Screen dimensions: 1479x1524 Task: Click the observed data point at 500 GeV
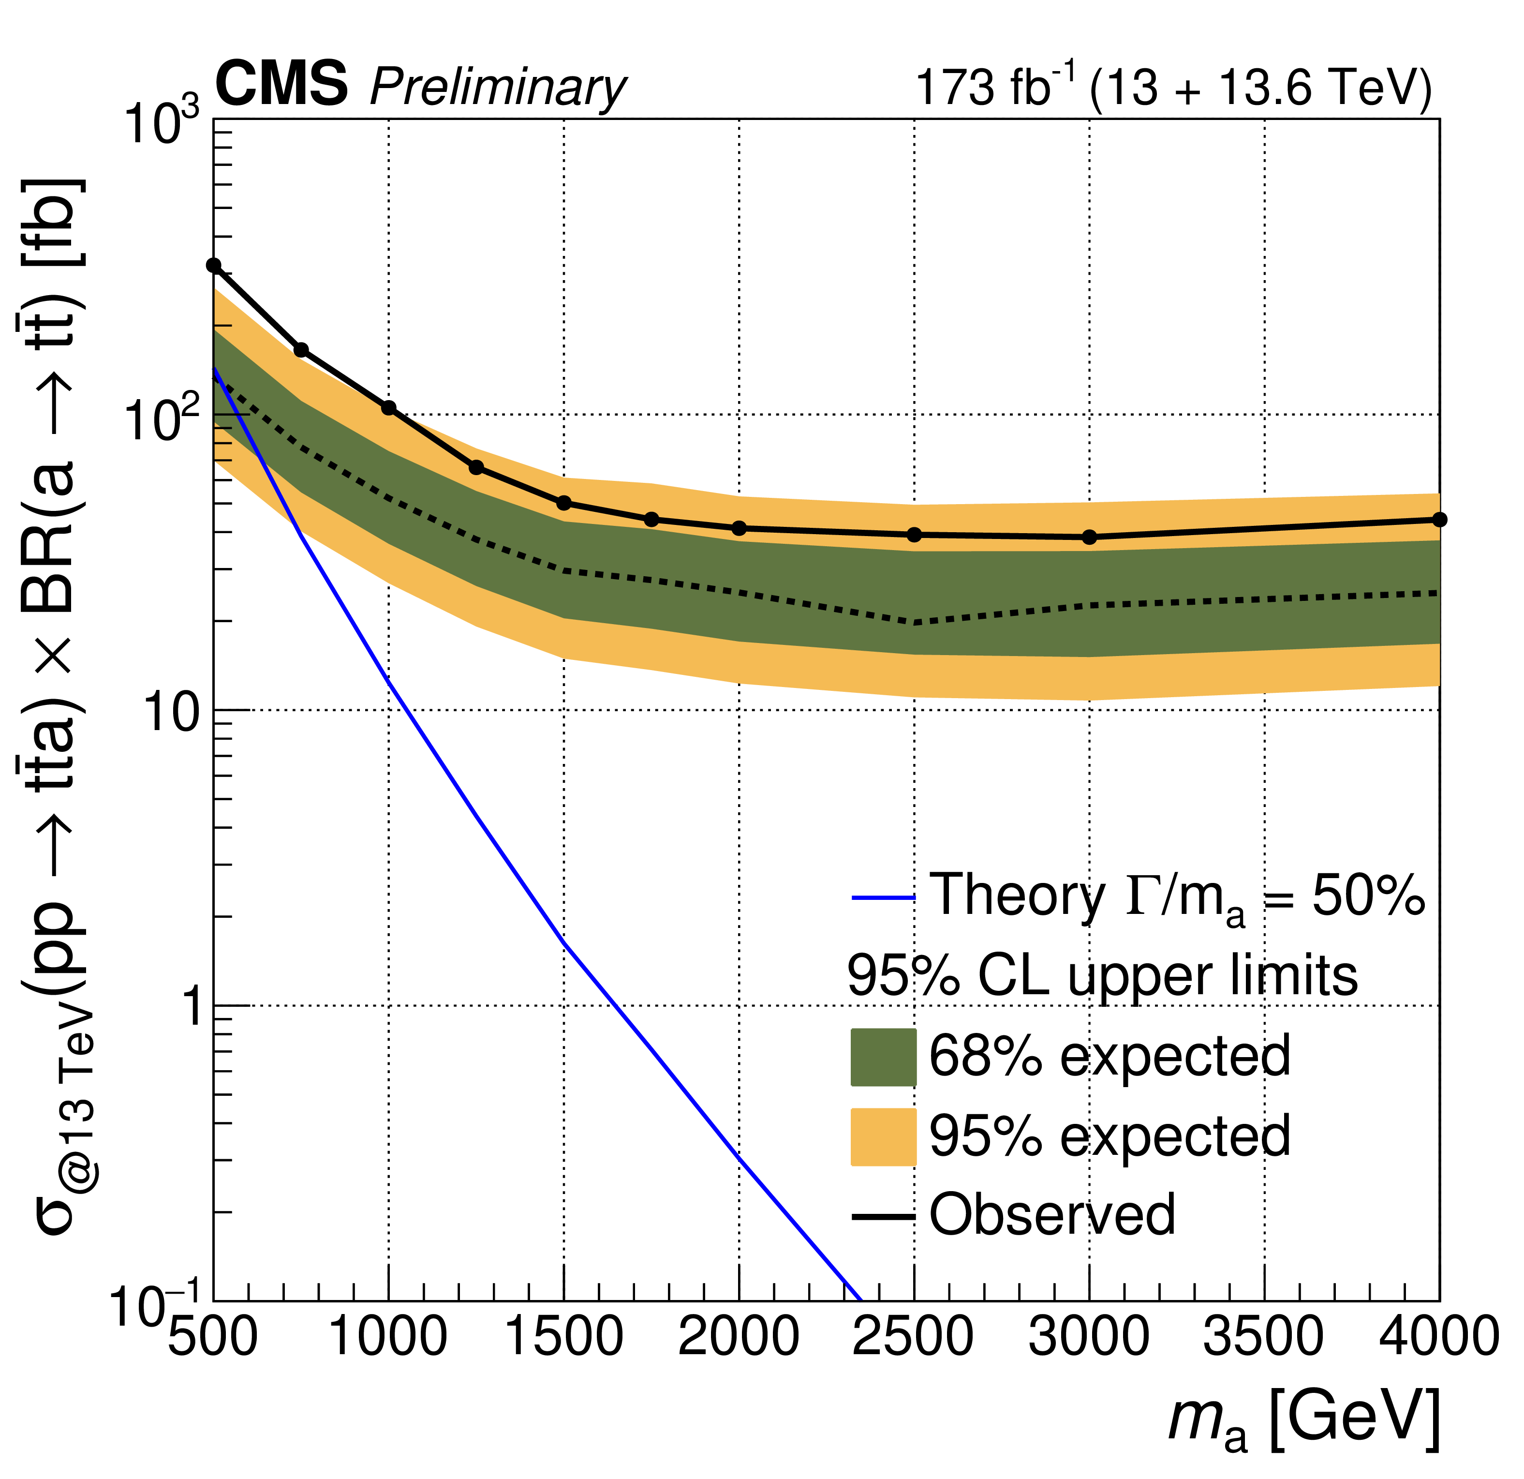pyautogui.click(x=214, y=265)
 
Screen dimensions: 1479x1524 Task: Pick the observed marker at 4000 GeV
pyautogui.click(x=1439, y=520)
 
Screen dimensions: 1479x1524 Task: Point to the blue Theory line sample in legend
pyautogui.click(x=883, y=898)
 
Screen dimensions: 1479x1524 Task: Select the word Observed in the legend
pyautogui.click(x=1052, y=1215)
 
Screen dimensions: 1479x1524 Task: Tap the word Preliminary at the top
pyautogui.click(x=498, y=87)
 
